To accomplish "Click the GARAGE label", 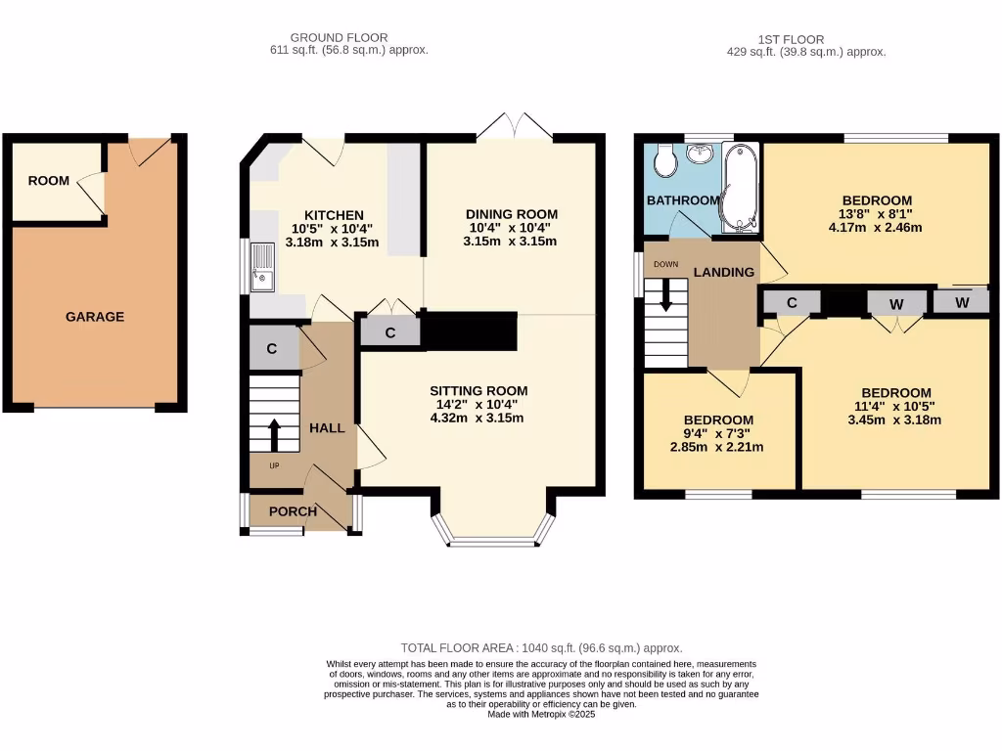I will click(94, 317).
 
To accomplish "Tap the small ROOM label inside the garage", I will click(49, 181).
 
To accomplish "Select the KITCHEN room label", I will click(334, 215).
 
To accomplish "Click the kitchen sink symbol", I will click(262, 267).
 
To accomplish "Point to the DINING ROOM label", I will click(511, 214).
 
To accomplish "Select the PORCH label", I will click(293, 511).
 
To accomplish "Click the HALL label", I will click(327, 428).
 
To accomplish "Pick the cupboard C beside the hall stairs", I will click(271, 349).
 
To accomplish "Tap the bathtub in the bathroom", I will click(741, 188).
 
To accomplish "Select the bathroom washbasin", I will click(701, 154).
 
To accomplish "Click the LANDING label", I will click(724, 272).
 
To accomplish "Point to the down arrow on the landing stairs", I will click(666, 295).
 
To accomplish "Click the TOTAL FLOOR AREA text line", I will click(541, 648).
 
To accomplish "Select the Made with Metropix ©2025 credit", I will click(541, 714).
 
